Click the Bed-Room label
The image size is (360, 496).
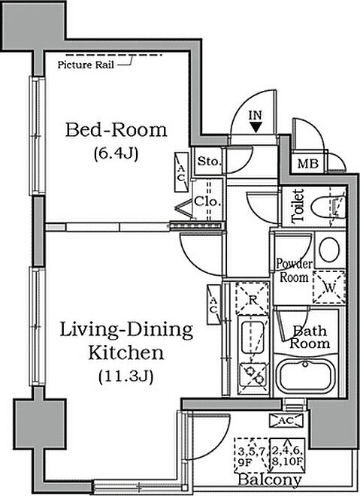(x=116, y=130)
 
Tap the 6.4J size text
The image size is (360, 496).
(x=116, y=154)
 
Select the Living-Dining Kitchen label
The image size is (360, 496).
(x=126, y=341)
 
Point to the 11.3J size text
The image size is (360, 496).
(x=126, y=377)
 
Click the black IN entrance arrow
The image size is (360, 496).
(x=256, y=127)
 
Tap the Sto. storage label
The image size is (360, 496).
(x=208, y=162)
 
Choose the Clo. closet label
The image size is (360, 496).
(x=207, y=201)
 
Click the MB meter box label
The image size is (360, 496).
(x=308, y=164)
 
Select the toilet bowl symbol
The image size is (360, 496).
(x=328, y=207)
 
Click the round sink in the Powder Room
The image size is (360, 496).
(x=329, y=250)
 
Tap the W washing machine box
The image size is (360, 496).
(x=329, y=287)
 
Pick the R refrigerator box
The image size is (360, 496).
(x=252, y=299)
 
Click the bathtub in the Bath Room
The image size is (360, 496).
(x=305, y=377)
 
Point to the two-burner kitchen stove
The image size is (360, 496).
(x=253, y=376)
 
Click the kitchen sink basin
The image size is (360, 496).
(x=253, y=338)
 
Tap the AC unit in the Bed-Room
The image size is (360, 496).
(x=182, y=172)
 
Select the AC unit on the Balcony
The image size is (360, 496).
(x=286, y=420)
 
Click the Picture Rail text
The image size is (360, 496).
(x=86, y=65)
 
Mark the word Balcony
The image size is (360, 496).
(x=270, y=480)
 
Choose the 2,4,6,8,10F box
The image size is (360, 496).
(x=287, y=455)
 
